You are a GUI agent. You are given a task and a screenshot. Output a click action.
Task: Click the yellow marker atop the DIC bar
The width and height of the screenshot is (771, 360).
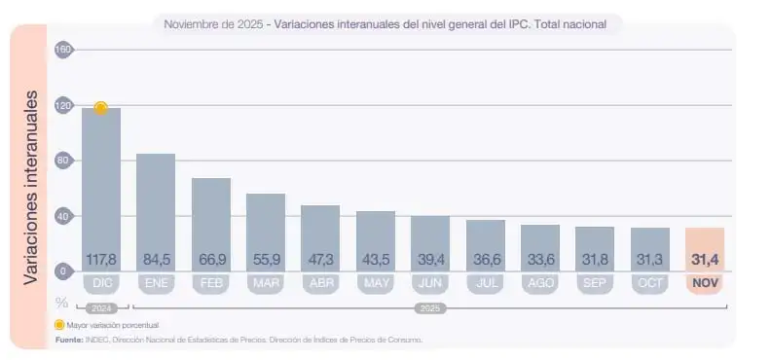[x=100, y=108]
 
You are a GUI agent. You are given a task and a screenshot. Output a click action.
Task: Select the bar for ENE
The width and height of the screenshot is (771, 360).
[x=156, y=204]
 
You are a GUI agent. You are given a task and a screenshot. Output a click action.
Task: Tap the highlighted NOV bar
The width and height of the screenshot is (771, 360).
[x=705, y=243]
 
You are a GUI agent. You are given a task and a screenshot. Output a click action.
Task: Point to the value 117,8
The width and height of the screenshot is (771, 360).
[x=101, y=260]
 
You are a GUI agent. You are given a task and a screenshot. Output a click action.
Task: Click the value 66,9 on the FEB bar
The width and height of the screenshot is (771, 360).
[x=211, y=260]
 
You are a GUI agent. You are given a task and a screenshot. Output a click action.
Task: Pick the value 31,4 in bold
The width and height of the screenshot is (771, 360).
[x=705, y=260]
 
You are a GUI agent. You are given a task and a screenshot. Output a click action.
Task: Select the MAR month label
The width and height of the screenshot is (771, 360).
[x=266, y=284]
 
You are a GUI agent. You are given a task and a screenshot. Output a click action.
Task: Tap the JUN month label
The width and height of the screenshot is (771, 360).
[x=430, y=284]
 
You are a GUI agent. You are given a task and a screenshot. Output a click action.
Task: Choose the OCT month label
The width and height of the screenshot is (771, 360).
[x=649, y=284]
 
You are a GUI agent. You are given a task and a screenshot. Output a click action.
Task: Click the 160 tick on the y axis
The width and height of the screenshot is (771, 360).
[x=64, y=50]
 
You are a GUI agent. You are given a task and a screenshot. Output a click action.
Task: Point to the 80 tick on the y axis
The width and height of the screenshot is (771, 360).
[x=64, y=161]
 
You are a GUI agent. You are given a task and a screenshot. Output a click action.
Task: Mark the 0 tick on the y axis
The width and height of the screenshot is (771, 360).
[x=64, y=271]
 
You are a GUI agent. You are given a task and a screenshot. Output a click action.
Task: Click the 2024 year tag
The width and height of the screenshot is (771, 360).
[x=101, y=307]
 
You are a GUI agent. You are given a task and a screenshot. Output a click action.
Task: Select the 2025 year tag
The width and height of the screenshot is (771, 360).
[x=429, y=307]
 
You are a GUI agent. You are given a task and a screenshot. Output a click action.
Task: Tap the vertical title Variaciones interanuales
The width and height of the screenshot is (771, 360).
[x=30, y=188]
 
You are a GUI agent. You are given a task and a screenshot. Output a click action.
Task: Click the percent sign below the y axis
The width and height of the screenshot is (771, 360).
[x=63, y=303]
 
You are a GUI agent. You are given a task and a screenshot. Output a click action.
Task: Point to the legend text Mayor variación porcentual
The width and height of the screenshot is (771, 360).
[x=112, y=324]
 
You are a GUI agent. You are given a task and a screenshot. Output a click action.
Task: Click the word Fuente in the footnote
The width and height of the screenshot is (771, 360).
[x=69, y=340]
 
